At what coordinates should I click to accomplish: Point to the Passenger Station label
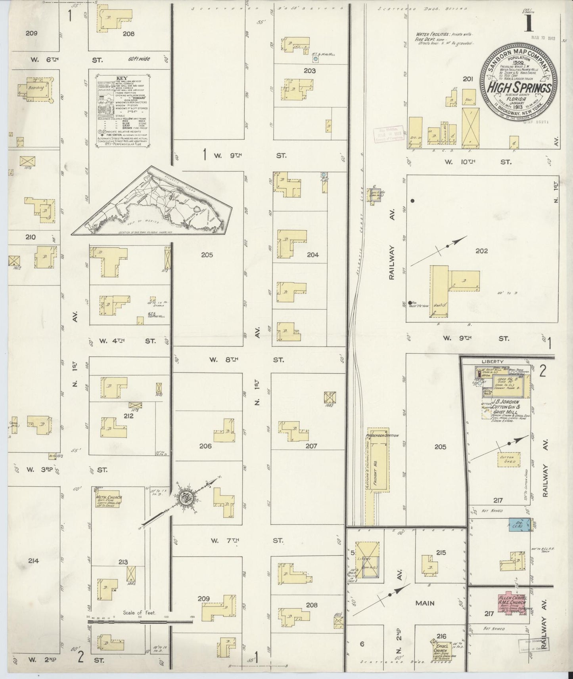click(382, 435)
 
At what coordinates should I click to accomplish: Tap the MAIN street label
click(425, 603)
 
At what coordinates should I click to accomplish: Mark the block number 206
click(205, 446)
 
